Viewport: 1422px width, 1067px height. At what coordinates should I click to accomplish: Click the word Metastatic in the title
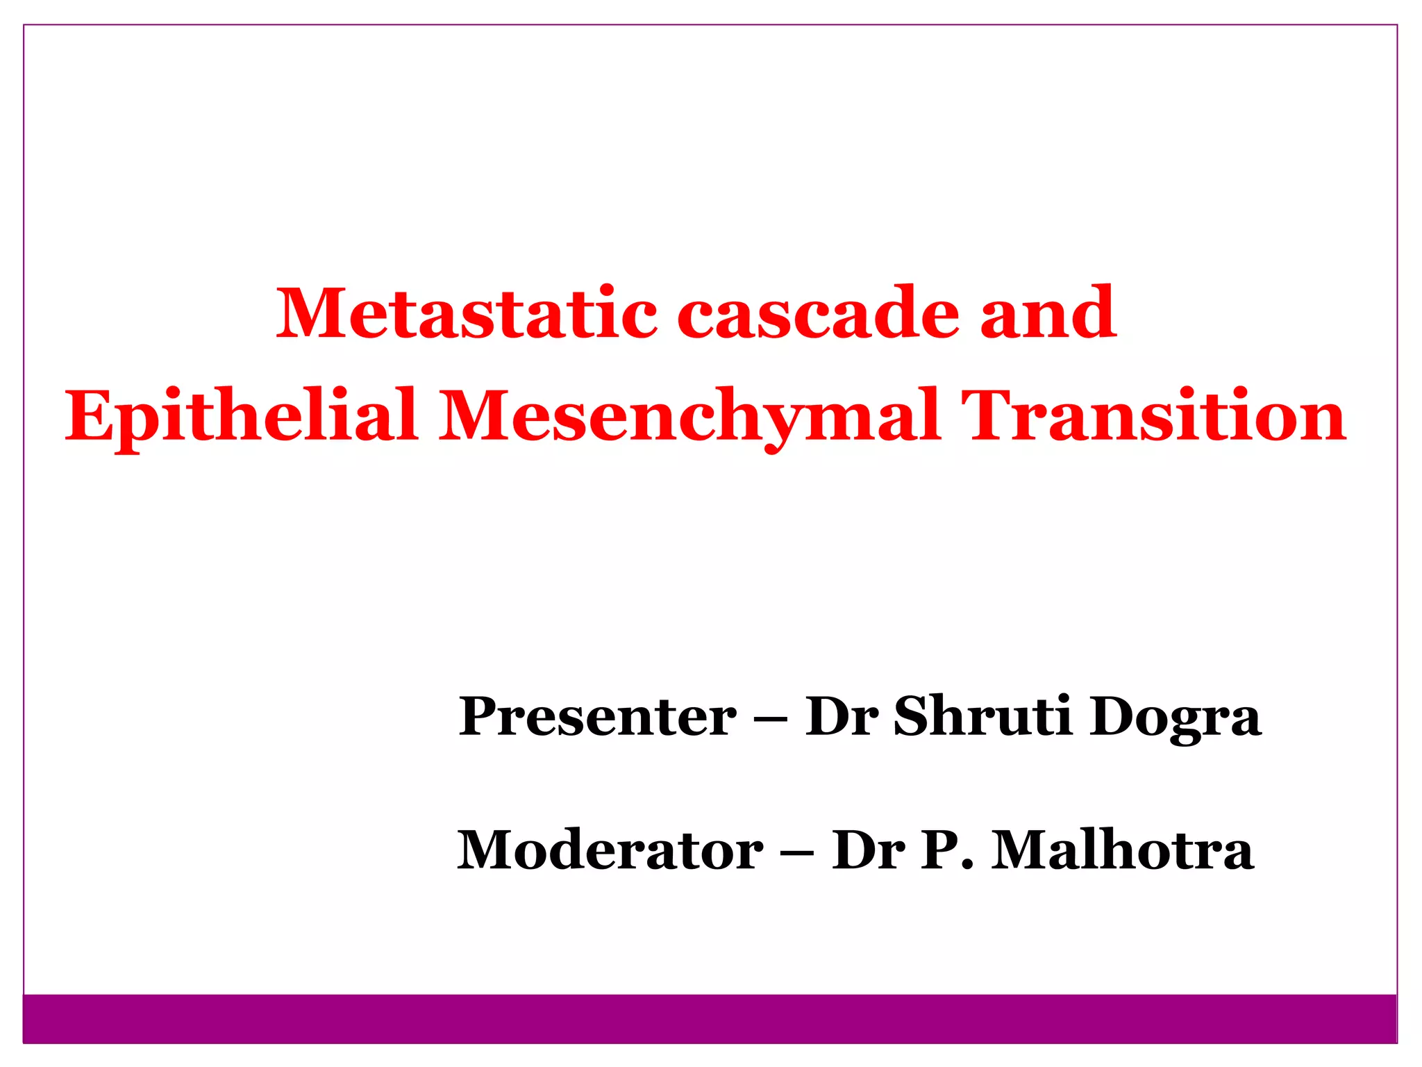pyautogui.click(x=467, y=314)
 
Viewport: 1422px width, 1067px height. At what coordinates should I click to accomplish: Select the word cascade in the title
pyautogui.click(x=818, y=314)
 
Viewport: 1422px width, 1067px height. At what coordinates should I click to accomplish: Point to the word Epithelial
pyautogui.click(x=241, y=417)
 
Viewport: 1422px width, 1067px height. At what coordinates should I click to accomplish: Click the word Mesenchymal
pyautogui.click(x=689, y=417)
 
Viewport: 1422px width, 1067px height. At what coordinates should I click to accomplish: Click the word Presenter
pyautogui.click(x=597, y=717)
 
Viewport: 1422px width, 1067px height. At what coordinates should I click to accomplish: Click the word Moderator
pyautogui.click(x=610, y=850)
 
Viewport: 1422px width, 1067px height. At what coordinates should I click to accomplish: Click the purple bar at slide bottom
pyautogui.click(x=710, y=1018)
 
